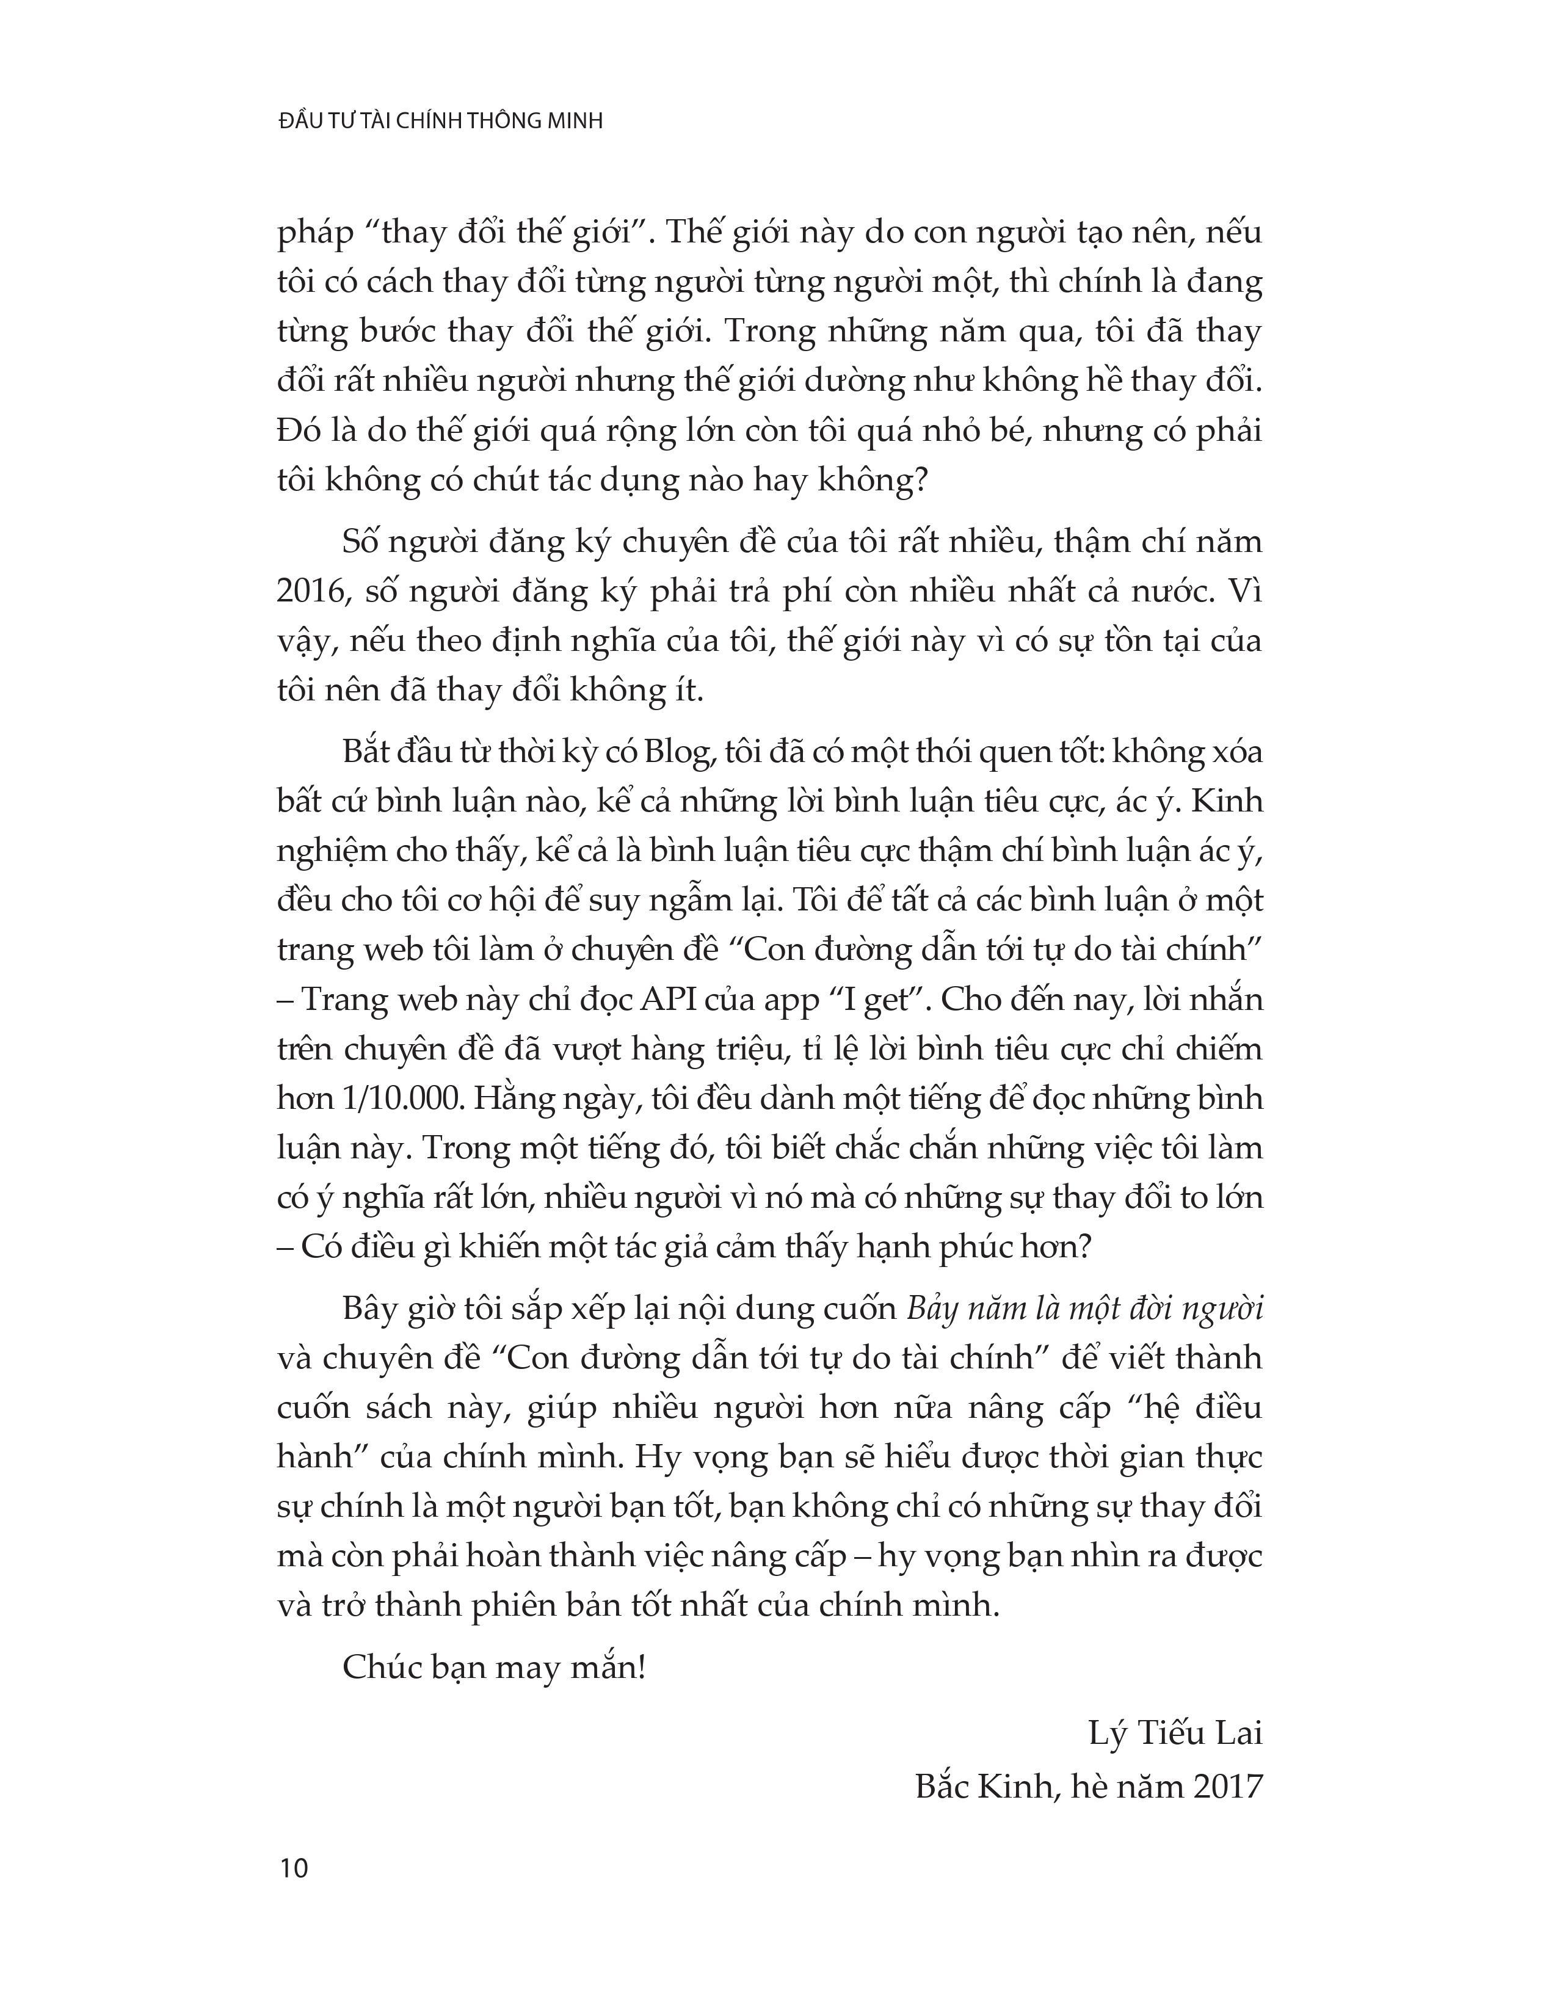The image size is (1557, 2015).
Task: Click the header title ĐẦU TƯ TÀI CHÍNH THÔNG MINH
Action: point(440,121)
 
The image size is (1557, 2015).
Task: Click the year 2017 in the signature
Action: point(1226,1787)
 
